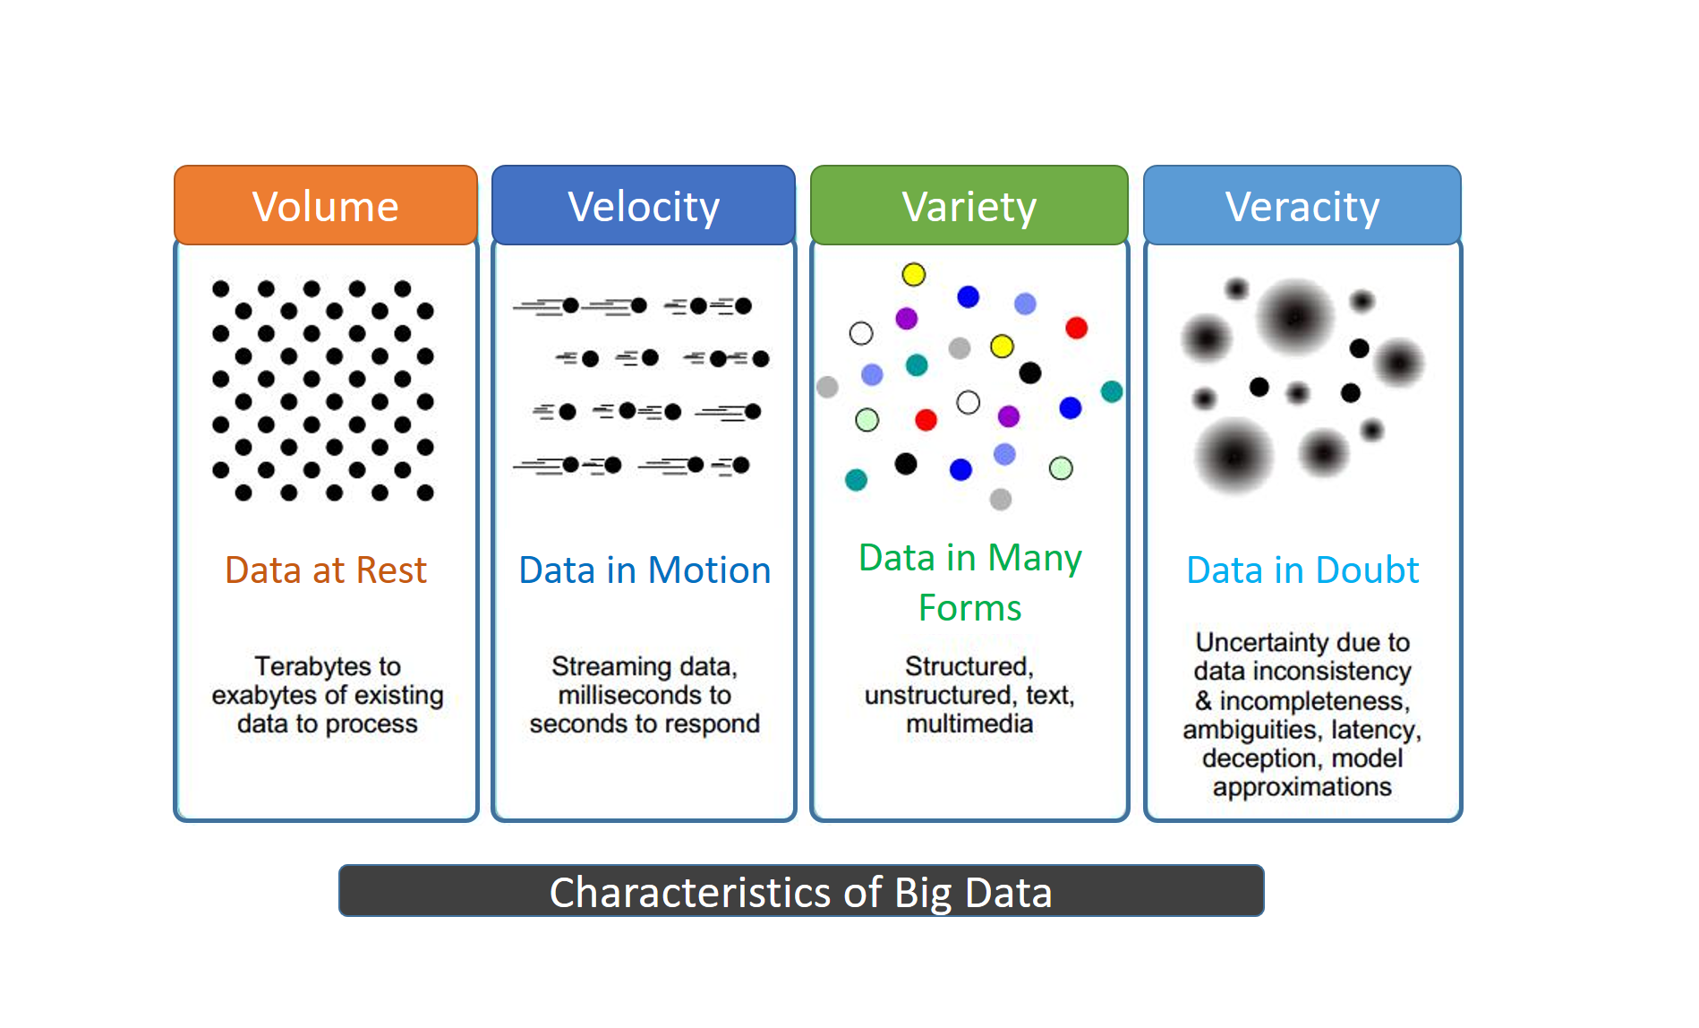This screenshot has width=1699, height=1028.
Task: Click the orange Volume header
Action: coord(326,205)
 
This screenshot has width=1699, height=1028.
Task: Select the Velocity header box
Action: coord(644,205)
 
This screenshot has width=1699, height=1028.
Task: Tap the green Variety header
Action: coord(969,205)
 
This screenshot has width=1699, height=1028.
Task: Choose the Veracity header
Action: coord(1302,205)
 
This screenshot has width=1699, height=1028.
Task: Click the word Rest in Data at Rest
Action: coord(391,570)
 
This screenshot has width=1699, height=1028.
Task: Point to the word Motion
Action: coord(710,570)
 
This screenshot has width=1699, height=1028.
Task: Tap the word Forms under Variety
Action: coord(970,608)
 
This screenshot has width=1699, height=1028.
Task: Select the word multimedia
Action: coord(969,724)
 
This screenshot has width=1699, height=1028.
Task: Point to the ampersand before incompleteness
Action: coord(1204,700)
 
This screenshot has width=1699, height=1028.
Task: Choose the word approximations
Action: coord(1302,787)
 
